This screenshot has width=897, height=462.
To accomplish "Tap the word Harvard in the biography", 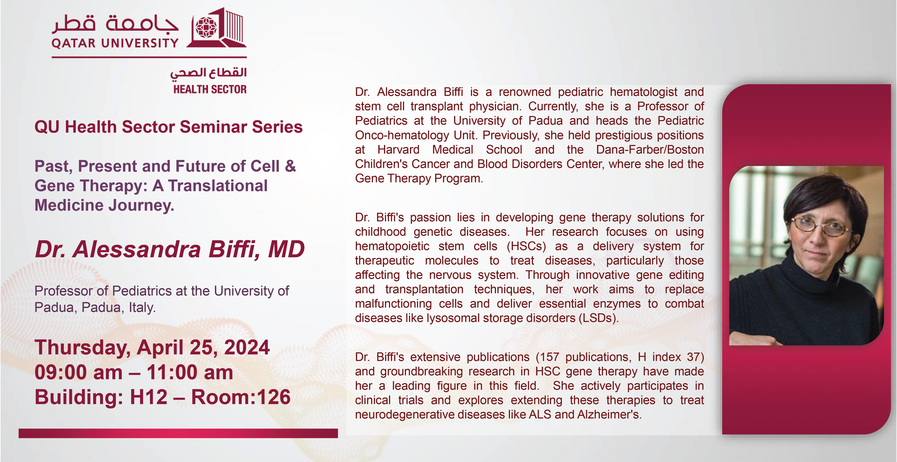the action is point(398,149).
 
